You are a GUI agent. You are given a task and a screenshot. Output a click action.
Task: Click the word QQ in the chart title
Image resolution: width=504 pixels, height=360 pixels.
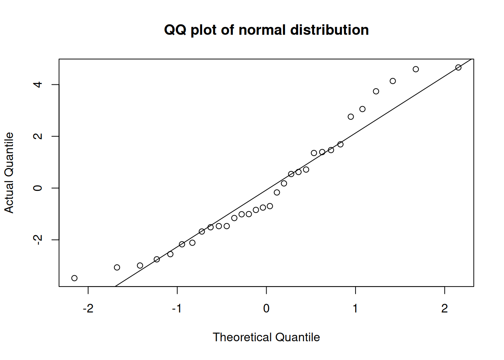click(175, 30)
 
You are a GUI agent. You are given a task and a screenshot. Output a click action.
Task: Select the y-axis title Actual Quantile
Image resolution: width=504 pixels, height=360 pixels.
click(9, 172)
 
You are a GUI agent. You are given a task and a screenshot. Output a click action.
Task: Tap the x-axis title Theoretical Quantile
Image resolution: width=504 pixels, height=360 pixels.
click(266, 337)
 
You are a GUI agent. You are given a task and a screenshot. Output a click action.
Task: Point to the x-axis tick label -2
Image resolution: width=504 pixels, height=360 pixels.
click(88, 309)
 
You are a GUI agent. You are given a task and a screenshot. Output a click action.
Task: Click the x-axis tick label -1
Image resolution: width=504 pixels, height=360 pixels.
click(177, 309)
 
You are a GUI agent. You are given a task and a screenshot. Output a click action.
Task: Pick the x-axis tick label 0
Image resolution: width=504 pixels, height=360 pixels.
click(266, 309)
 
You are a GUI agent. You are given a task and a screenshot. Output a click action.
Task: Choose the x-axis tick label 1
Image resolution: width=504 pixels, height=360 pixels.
click(355, 309)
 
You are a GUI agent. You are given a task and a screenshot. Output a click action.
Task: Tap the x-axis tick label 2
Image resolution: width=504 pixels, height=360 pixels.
click(444, 309)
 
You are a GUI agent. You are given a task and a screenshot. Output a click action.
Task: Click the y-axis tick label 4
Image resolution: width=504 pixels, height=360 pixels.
click(37, 84)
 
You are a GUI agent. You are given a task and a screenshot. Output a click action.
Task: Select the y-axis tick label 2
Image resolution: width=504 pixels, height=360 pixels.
click(37, 136)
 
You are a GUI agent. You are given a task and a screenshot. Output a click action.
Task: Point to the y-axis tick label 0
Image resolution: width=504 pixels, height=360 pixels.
click(37, 188)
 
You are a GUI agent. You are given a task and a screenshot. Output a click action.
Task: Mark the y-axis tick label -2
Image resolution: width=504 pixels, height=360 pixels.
click(37, 240)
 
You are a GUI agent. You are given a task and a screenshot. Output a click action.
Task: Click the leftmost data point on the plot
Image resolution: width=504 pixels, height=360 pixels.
click(74, 278)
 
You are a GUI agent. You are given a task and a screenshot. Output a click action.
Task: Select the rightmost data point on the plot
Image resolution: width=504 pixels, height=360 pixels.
click(458, 67)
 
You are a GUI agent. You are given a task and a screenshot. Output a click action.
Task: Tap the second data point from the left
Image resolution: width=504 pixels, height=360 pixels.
click(117, 267)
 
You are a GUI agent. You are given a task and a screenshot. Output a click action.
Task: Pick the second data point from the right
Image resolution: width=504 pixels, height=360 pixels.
click(415, 69)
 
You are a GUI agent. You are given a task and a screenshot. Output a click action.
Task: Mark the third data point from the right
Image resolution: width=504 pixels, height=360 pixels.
click(393, 81)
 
